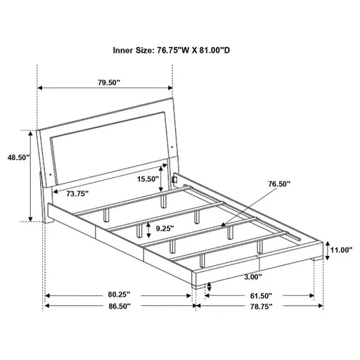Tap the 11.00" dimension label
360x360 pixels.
[342, 250]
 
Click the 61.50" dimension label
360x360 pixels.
[259, 296]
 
